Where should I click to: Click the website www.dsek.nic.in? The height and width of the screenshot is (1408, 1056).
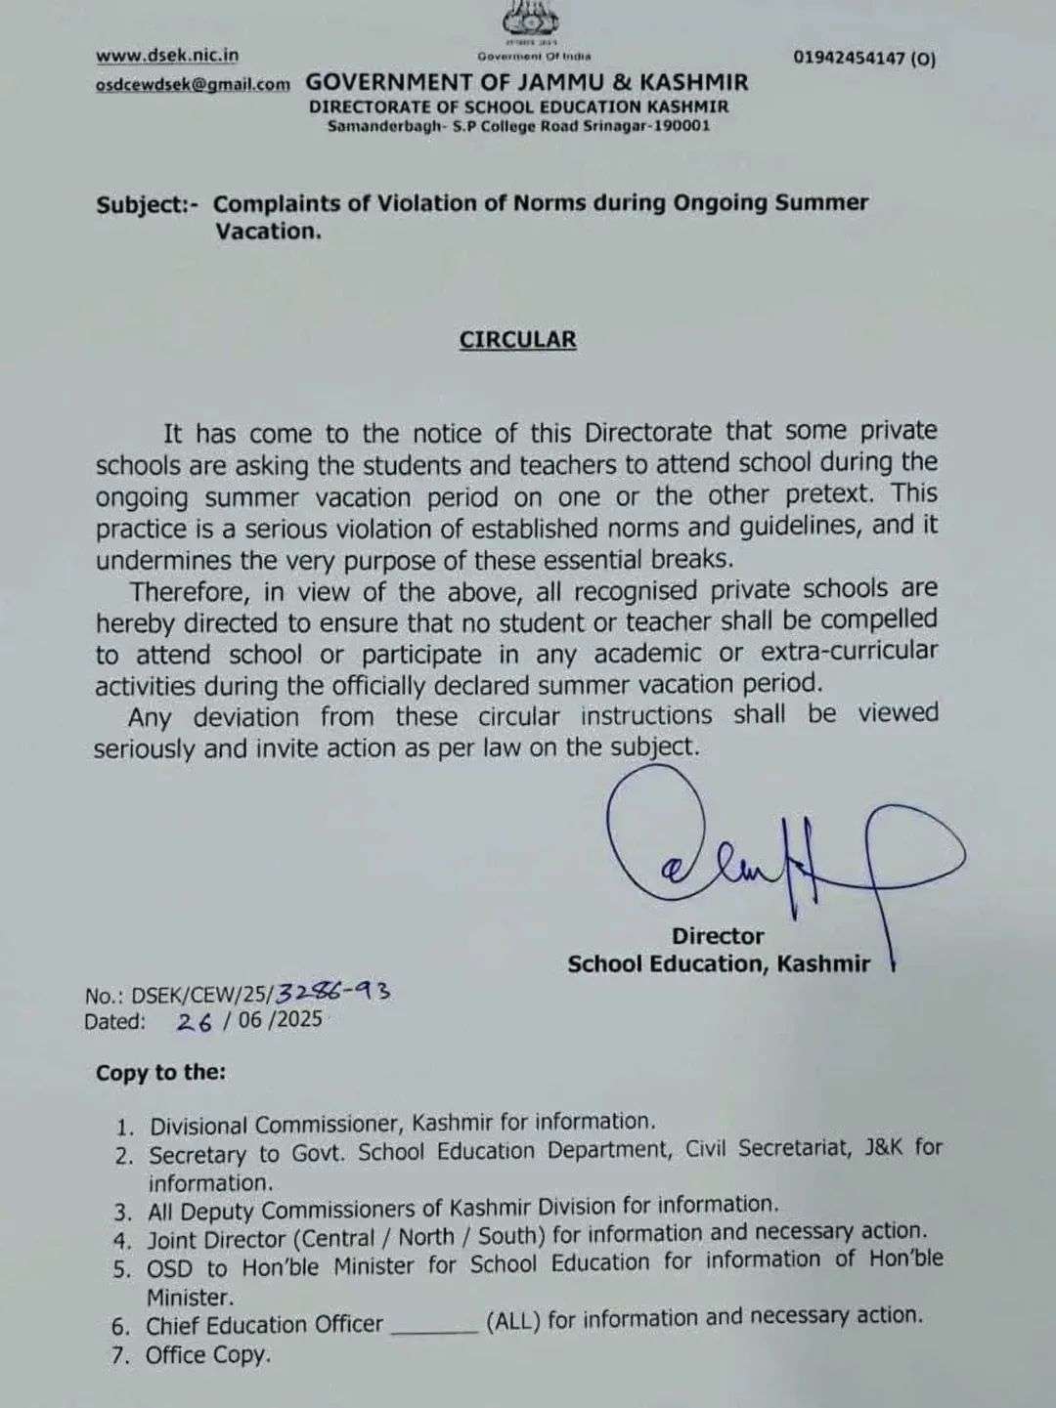click(167, 56)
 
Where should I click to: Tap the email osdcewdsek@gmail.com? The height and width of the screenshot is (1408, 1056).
click(193, 85)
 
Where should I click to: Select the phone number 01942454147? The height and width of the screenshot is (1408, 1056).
click(852, 59)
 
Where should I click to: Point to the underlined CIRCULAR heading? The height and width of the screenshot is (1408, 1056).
click(518, 339)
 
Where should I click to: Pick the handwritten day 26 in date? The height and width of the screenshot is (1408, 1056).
click(195, 1022)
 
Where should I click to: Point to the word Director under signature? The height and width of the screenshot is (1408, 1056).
click(717, 935)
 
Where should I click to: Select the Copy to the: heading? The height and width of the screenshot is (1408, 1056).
click(160, 1073)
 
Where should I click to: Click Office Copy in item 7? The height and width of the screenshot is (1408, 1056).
click(207, 1355)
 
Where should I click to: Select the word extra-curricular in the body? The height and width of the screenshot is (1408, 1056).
click(849, 651)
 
